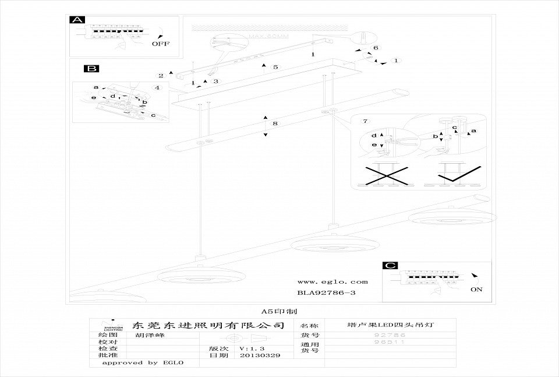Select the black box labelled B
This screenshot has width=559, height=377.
click(x=91, y=69)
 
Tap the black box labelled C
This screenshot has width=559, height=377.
click(x=391, y=266)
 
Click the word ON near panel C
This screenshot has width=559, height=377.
click(x=476, y=288)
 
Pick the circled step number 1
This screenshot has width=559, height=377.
click(x=396, y=60)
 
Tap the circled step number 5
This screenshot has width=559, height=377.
click(x=276, y=68)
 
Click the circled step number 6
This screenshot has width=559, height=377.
click(x=376, y=48)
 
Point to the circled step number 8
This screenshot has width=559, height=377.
click(x=275, y=124)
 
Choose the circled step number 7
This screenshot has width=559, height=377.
click(x=365, y=121)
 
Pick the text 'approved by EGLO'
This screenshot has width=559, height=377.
click(x=143, y=362)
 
